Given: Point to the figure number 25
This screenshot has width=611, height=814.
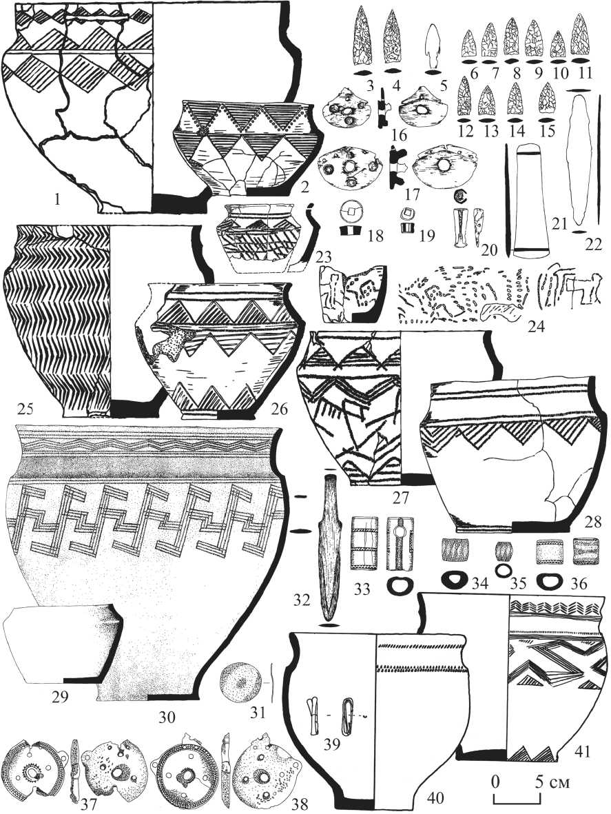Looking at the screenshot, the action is [x=25, y=410].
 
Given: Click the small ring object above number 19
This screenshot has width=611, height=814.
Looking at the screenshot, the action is [x=406, y=213].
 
